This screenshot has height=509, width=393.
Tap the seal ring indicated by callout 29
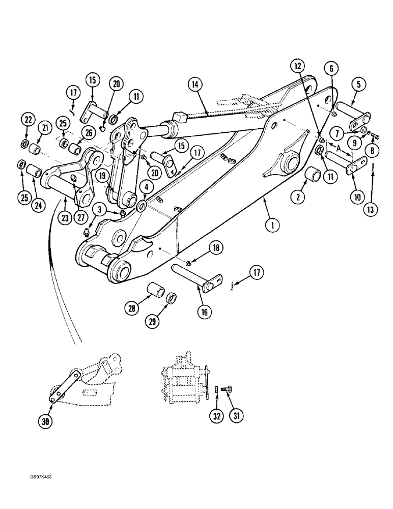point(172,297)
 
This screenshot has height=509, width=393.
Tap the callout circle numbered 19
point(104,175)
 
